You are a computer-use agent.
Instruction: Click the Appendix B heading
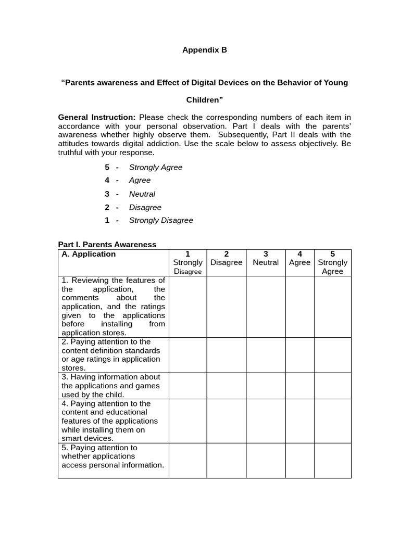click(x=205, y=50)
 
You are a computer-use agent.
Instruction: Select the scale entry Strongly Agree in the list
click(x=156, y=167)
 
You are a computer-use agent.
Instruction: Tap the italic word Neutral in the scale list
click(x=142, y=194)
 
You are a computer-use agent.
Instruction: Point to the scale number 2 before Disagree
click(x=107, y=207)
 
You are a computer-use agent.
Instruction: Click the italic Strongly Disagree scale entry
click(x=161, y=220)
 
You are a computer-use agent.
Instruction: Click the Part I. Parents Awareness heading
click(x=107, y=244)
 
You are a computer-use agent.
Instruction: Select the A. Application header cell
click(x=89, y=254)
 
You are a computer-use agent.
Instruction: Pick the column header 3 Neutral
click(x=266, y=258)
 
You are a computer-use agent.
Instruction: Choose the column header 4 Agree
click(x=299, y=258)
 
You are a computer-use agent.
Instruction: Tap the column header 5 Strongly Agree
click(x=332, y=262)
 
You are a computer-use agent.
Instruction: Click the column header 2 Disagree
click(x=226, y=258)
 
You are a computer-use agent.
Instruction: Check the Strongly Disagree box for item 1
click(x=187, y=307)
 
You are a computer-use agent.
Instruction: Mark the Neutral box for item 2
click(x=266, y=354)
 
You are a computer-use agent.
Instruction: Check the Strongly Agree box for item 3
click(x=332, y=385)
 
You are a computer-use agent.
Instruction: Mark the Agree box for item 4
click(x=299, y=421)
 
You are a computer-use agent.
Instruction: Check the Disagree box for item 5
click(x=226, y=460)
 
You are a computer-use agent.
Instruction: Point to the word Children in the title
click(x=205, y=99)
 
